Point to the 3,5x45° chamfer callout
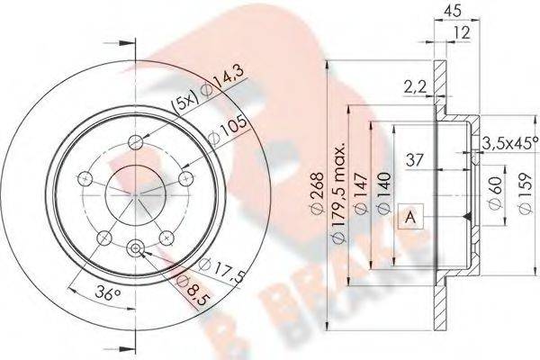pyautogui.click(x=509, y=143)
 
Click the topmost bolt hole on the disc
pyautogui.click(x=137, y=140)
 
